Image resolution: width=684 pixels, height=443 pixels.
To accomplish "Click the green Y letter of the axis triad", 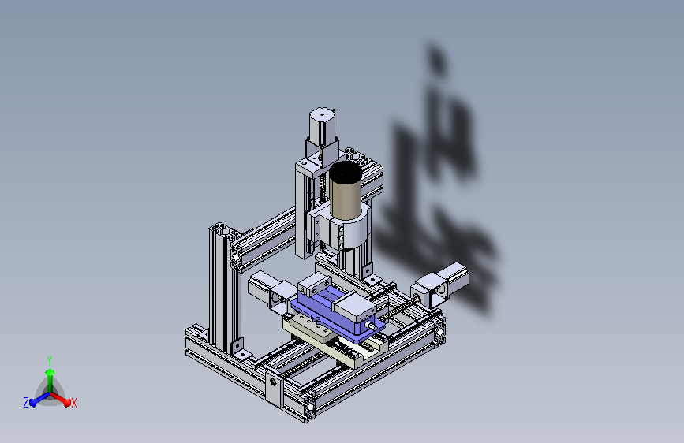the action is coord(50,361).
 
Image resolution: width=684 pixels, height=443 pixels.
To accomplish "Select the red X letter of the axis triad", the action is coord(73,404).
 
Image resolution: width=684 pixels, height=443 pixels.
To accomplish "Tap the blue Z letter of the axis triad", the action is coord(26,403).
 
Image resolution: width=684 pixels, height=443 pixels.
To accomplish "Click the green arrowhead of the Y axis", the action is coord(50,372).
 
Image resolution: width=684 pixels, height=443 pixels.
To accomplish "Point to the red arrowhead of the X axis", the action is coord(67,401).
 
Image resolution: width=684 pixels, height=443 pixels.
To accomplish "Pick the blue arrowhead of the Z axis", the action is coord(32,402).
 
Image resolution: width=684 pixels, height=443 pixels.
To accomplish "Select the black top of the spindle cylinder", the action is coord(345,171).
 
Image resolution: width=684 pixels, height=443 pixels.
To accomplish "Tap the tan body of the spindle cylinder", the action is coord(346,199).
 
